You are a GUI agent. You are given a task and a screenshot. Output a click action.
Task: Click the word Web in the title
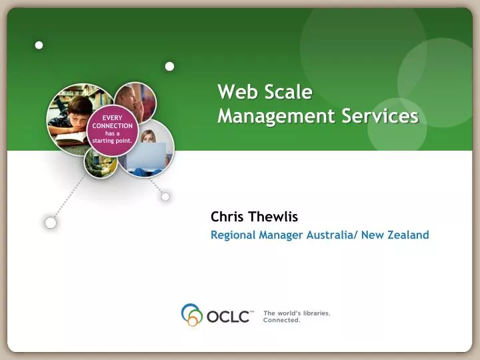[x=235, y=91]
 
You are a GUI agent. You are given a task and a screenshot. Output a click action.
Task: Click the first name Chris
[x=226, y=217]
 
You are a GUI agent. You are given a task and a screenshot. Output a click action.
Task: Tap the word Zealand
[x=408, y=235]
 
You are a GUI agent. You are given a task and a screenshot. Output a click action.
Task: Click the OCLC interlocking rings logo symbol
[x=192, y=315]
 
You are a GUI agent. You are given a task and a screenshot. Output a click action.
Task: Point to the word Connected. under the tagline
[x=282, y=320]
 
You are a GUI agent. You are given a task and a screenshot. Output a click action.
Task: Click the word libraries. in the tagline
[x=313, y=312]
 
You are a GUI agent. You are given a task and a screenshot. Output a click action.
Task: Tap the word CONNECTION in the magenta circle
[x=112, y=125]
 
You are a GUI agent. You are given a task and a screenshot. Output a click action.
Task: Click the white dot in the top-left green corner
[x=39, y=45]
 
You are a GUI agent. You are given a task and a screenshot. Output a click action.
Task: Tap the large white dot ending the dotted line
[x=51, y=223]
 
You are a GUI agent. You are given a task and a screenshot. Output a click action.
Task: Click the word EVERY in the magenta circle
[x=112, y=117]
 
